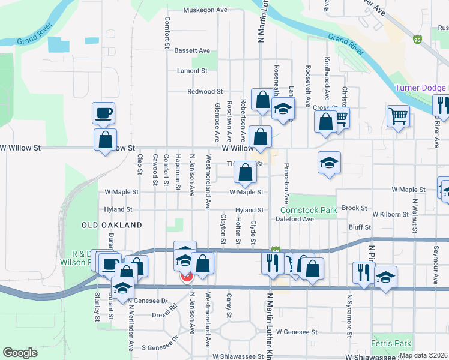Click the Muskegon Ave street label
point(205,10)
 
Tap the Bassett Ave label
point(192,50)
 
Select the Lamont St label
point(192,71)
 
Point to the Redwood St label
point(205,91)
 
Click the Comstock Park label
point(308,211)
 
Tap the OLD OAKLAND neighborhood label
point(112,225)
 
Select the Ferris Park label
point(391,343)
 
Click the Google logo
point(20,352)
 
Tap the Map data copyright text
point(423,355)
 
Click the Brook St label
point(355,208)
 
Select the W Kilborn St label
point(393,214)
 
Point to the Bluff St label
point(360,228)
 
